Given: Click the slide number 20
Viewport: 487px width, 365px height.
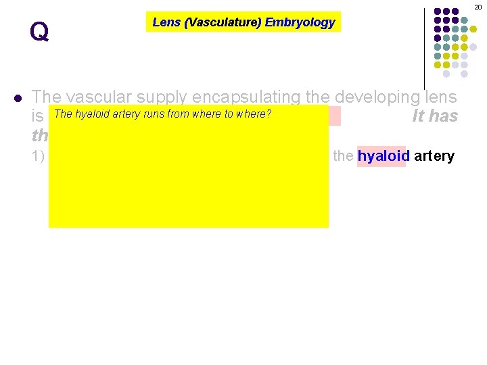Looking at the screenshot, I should (478, 6).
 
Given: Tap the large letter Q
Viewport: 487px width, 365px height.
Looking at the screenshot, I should (39, 31).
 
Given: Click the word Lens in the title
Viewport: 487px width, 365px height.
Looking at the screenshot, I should (166, 22).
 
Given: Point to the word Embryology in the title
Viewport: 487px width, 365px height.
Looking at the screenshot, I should (300, 22).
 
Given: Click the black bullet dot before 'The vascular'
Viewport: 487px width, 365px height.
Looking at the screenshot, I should (18, 97).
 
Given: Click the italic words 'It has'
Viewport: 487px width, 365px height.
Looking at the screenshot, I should (435, 116).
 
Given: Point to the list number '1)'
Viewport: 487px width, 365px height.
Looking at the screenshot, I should (38, 156).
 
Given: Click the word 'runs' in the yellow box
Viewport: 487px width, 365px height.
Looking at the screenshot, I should (154, 114).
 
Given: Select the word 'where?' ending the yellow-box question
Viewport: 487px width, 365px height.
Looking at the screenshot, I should (253, 114).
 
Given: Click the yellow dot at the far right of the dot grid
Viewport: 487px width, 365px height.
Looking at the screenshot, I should (473, 30).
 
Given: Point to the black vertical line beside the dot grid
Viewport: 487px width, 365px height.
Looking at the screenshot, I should (424, 47).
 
